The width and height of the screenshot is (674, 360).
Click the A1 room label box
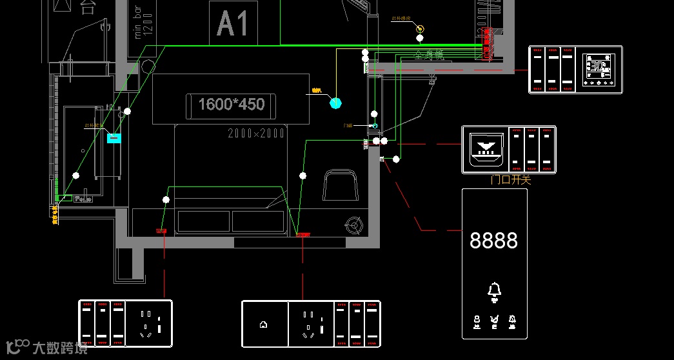point(233,23)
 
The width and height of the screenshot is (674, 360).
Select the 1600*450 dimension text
point(231,105)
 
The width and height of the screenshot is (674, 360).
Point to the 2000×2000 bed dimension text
point(256,134)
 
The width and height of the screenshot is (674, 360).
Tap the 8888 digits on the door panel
point(493,241)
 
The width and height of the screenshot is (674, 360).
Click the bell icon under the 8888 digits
point(494,291)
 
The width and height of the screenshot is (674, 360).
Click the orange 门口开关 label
point(511,180)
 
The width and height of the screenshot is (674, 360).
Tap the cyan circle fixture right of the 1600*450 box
point(335,102)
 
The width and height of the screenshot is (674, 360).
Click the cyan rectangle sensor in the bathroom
point(114,137)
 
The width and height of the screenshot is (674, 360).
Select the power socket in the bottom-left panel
point(149,323)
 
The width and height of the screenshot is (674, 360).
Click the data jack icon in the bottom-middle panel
point(263,325)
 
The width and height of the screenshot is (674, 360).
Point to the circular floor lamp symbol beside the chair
point(354,225)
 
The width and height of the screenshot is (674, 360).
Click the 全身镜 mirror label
point(429,56)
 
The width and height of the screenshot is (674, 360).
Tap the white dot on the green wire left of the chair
point(302,175)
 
